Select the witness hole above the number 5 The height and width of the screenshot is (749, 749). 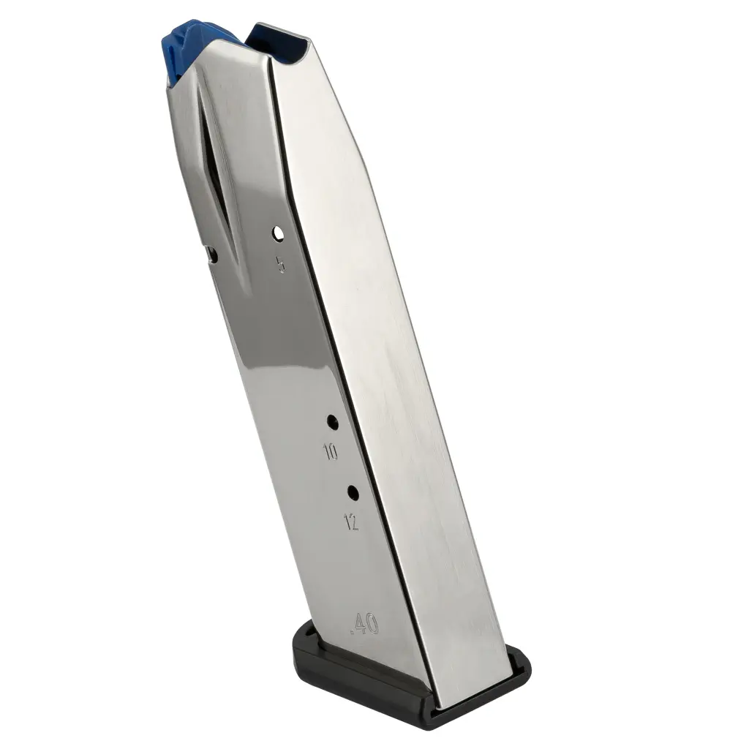277,233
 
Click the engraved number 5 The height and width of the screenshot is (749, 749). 281,264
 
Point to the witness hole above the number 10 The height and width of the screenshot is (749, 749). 332,422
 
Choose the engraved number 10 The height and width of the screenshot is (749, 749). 330,451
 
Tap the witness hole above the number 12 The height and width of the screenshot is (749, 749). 353,492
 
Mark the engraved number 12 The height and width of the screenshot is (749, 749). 351,522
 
